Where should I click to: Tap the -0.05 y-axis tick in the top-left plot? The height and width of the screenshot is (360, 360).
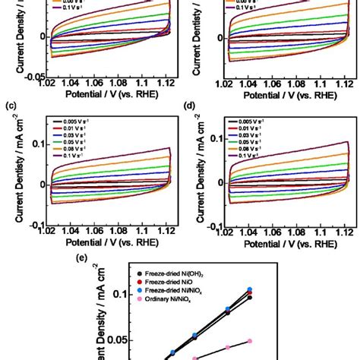[32, 76]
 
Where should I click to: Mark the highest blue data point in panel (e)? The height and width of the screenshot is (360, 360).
[270, 289]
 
